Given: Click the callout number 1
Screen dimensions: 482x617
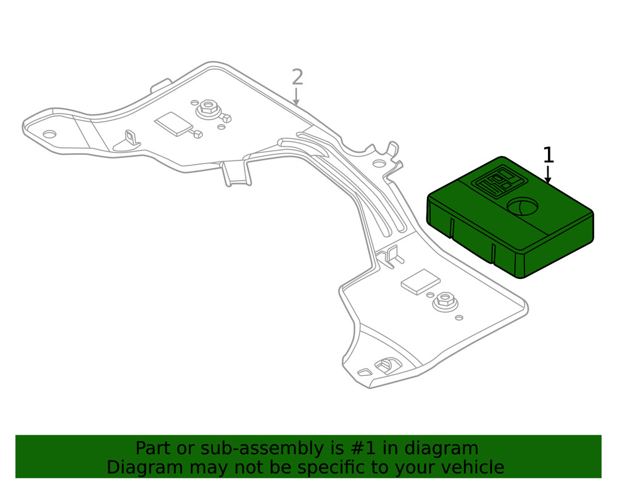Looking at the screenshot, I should point(548,156).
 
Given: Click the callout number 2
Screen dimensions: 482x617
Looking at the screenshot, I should point(297,78).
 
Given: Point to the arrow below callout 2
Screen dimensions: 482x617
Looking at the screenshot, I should point(297,96).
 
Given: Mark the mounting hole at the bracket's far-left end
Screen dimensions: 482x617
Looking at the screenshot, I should point(49,134).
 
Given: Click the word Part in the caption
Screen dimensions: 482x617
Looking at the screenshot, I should point(152,448).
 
